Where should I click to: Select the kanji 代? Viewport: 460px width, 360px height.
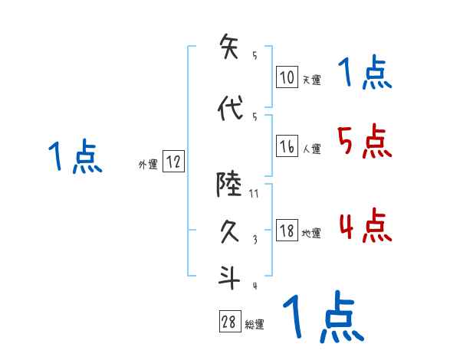(230, 109)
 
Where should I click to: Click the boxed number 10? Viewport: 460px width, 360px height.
(287, 77)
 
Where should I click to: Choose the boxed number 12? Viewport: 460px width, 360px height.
(173, 162)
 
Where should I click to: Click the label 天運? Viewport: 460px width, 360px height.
(311, 79)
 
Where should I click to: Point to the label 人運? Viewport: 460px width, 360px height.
(311, 149)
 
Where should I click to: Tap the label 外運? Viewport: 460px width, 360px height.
(148, 164)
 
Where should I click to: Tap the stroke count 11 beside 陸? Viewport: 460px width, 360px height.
(254, 195)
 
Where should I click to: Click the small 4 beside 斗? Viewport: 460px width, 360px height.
(254, 286)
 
